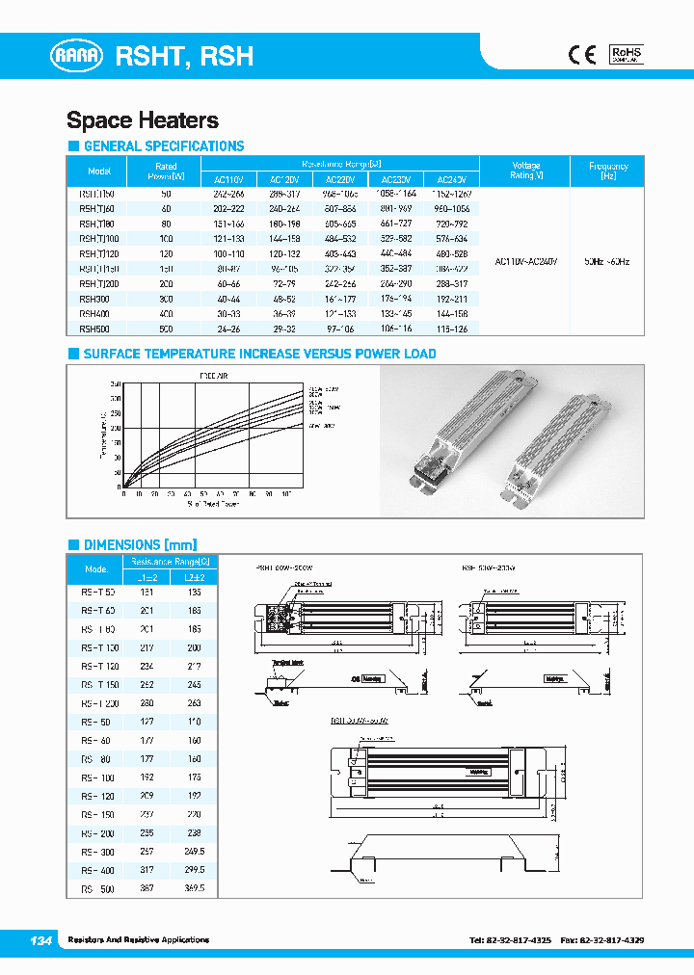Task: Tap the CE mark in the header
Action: (x=581, y=55)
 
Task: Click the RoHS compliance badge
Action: (x=626, y=54)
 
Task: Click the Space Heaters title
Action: (x=143, y=120)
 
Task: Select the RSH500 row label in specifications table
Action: (x=95, y=328)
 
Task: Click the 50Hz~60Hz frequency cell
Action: (x=607, y=261)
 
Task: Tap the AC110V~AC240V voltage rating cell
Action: (x=525, y=261)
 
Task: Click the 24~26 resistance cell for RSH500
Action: (x=228, y=328)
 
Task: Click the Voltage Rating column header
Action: (x=525, y=171)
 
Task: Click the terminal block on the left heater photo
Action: (x=424, y=474)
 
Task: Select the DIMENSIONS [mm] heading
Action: (x=147, y=543)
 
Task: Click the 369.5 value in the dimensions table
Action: (x=194, y=889)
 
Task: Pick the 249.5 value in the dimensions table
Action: (x=194, y=853)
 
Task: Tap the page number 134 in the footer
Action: (x=40, y=939)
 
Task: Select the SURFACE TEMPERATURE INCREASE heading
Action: (x=259, y=354)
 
